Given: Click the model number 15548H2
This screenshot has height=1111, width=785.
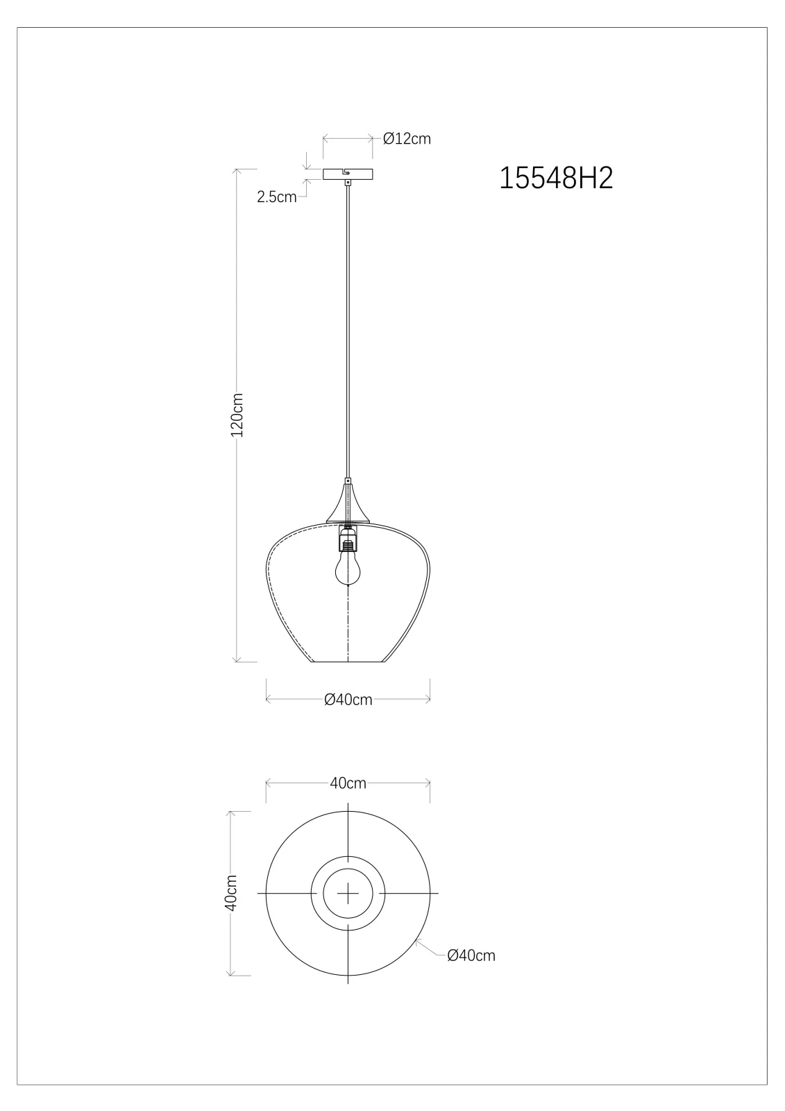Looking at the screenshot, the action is (556, 178).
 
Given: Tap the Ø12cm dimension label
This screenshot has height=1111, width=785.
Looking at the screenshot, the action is (407, 139).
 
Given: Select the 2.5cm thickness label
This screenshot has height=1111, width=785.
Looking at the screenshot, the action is (277, 197).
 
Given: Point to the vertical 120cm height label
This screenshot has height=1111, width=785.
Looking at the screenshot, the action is (237, 415).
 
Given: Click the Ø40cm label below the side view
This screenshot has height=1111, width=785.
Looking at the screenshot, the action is (348, 699).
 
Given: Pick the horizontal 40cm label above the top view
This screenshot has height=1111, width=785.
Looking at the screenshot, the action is (348, 783).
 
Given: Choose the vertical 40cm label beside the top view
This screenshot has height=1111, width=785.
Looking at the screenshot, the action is (231, 893).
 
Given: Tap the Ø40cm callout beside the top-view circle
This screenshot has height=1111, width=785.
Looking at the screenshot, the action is (471, 955).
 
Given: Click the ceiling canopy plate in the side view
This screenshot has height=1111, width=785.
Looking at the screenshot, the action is (348, 174).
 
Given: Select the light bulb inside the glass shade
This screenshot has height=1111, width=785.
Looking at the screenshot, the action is (348, 569).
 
